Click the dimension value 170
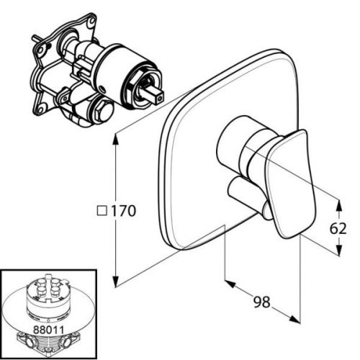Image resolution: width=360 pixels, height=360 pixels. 124,211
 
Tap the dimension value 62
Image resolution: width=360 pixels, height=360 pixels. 338,228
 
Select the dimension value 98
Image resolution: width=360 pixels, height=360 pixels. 262,302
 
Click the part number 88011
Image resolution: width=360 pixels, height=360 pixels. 49,330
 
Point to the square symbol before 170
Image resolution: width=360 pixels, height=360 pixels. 102,211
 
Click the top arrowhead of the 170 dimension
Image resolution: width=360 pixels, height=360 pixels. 116,139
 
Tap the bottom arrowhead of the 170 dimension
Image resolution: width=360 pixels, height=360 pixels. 116,282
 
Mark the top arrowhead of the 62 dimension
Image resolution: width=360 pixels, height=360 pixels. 339,205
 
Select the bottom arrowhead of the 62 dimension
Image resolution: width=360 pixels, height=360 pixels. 339,250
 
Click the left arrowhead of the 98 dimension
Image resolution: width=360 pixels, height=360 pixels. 230,284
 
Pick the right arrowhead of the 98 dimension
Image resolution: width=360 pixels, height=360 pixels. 294,319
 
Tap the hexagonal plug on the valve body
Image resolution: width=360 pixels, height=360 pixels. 104,111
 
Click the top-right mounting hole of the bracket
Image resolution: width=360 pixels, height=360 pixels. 92,20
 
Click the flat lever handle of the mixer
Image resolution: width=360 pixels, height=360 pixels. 289,183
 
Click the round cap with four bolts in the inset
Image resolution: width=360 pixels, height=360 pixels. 49,291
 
